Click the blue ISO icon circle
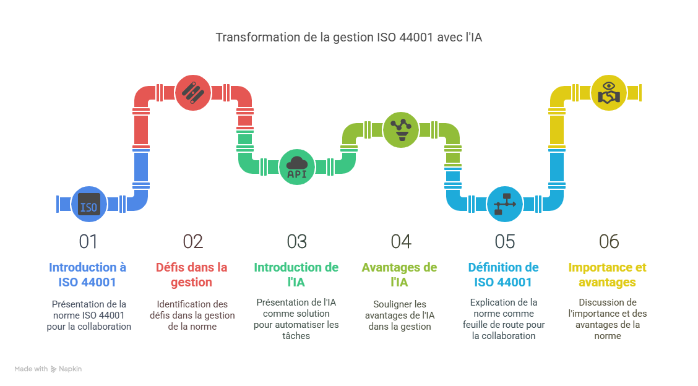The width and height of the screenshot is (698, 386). click(89, 205)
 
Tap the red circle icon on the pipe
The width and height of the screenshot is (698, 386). click(193, 93)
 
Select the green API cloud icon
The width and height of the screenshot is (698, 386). click(297, 167)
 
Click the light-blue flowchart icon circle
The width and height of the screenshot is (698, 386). click(505, 204)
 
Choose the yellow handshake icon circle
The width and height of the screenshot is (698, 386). click(609, 93)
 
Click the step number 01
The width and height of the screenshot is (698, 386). click(88, 241)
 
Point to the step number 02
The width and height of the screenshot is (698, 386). click(193, 241)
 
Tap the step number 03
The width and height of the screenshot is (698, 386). click(297, 241)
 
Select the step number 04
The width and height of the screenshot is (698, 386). click(401, 241)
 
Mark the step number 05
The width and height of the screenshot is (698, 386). click(505, 241)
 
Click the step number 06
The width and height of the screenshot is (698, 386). click(609, 241)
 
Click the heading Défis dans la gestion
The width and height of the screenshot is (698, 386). click(192, 275)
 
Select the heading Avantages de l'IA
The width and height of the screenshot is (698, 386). click(400, 275)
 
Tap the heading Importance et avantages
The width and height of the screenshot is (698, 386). click(607, 275)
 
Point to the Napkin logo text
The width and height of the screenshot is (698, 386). click(70, 369)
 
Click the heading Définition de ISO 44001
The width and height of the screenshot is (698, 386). click(504, 275)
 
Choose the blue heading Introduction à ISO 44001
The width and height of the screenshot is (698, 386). click(88, 275)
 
